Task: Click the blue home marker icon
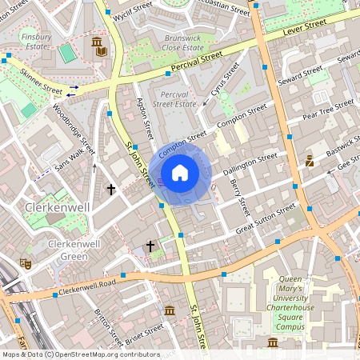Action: click(x=180, y=172)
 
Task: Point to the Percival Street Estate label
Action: click(x=174, y=98)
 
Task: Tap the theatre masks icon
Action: click(x=26, y=262)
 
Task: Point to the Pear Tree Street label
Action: click(x=327, y=110)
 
